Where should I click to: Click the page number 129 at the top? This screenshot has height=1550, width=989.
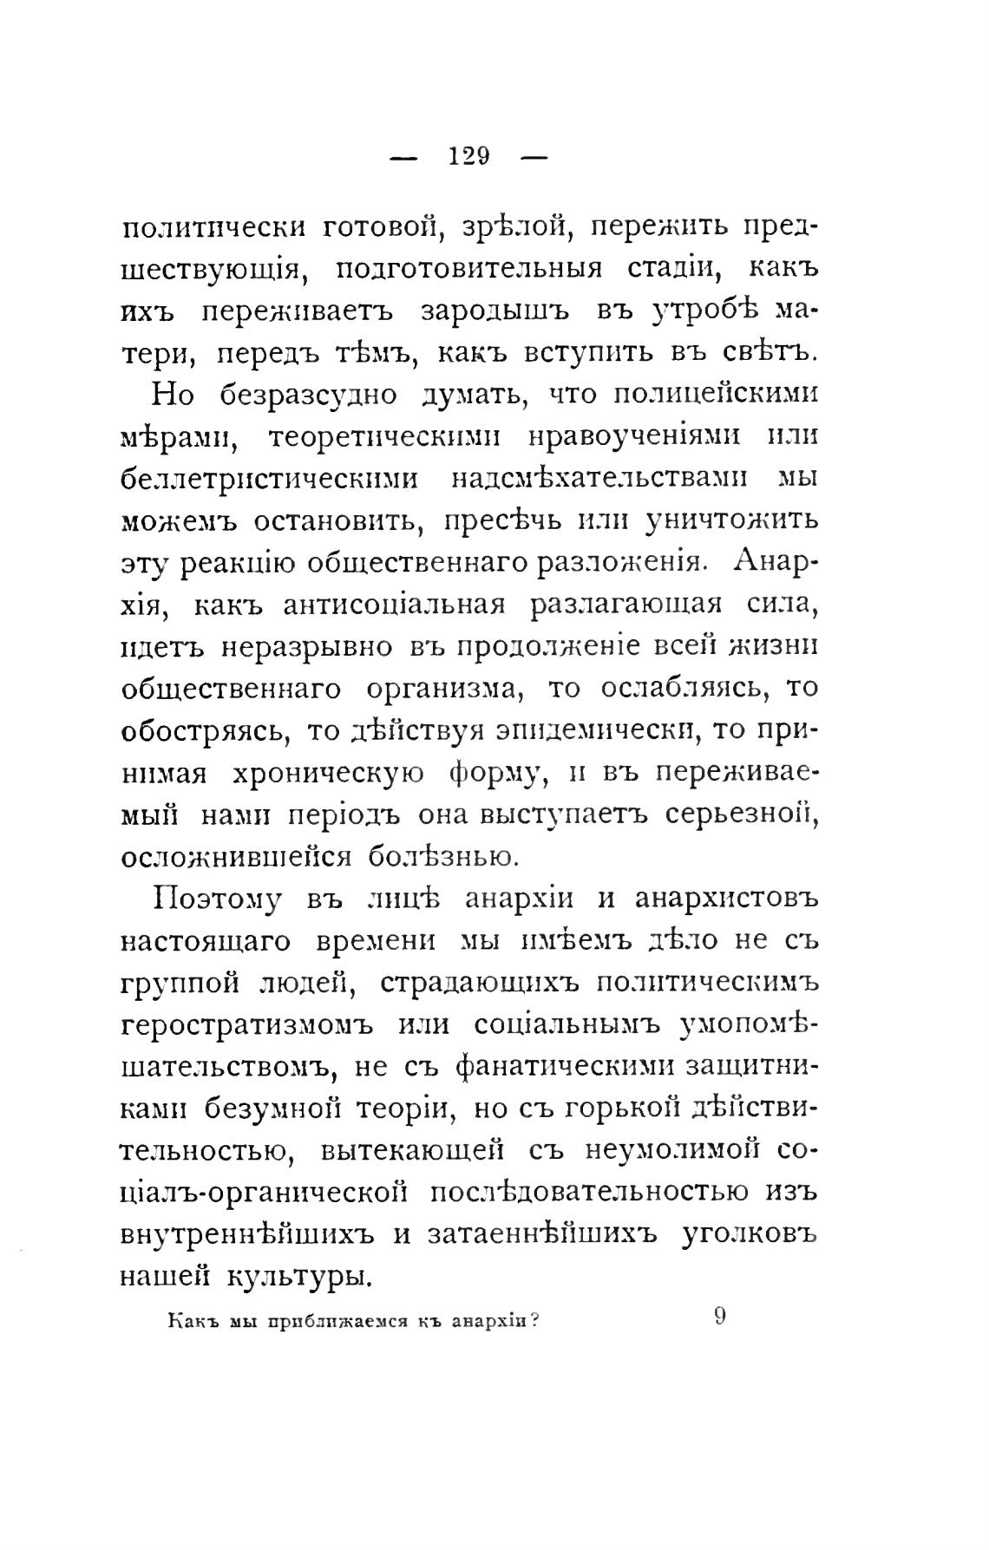pyautogui.click(x=469, y=156)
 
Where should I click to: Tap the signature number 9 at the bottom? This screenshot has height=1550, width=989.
pyautogui.click(x=720, y=1317)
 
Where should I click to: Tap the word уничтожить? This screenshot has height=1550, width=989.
pyautogui.click(x=732, y=521)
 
